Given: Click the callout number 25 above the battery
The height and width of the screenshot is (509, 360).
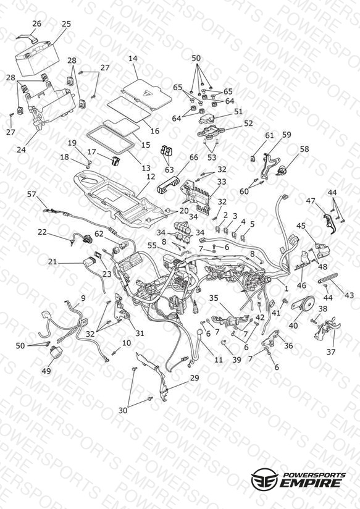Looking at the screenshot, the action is [x=66, y=24].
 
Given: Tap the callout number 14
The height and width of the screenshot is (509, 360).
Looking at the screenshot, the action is [x=133, y=59].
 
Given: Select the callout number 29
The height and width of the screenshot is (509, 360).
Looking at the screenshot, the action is [x=195, y=378].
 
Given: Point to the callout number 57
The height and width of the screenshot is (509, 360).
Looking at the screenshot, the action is [x=31, y=194].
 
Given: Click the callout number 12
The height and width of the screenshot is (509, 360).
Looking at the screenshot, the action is [x=151, y=177].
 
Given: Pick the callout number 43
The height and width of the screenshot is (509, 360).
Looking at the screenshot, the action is [x=349, y=295].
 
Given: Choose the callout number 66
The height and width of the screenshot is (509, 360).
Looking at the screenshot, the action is [x=193, y=158].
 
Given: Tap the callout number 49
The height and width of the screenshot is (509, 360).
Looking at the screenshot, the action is [x=46, y=371].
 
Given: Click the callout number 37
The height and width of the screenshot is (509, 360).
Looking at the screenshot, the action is [x=331, y=351].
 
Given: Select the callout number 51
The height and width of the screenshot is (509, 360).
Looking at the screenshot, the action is [x=238, y=111].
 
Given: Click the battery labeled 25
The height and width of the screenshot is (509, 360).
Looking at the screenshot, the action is [x=36, y=59].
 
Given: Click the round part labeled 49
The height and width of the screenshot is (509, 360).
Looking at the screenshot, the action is [x=55, y=353].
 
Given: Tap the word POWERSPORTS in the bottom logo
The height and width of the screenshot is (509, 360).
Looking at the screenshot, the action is [x=314, y=474].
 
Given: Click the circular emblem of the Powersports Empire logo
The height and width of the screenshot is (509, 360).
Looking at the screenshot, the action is [x=264, y=479].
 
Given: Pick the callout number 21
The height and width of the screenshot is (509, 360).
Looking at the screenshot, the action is [x=52, y=262].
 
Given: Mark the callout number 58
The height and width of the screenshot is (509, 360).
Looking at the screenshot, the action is [x=304, y=149].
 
